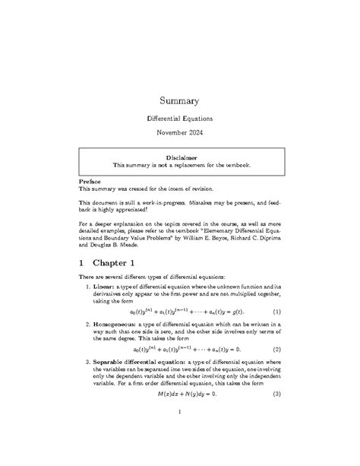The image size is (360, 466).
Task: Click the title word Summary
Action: [179, 100]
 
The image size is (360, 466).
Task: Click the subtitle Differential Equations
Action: [179, 119]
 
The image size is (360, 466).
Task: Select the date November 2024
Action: [179, 134]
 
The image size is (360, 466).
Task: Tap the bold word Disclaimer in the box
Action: [180, 156]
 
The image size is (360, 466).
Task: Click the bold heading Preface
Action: [93, 182]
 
